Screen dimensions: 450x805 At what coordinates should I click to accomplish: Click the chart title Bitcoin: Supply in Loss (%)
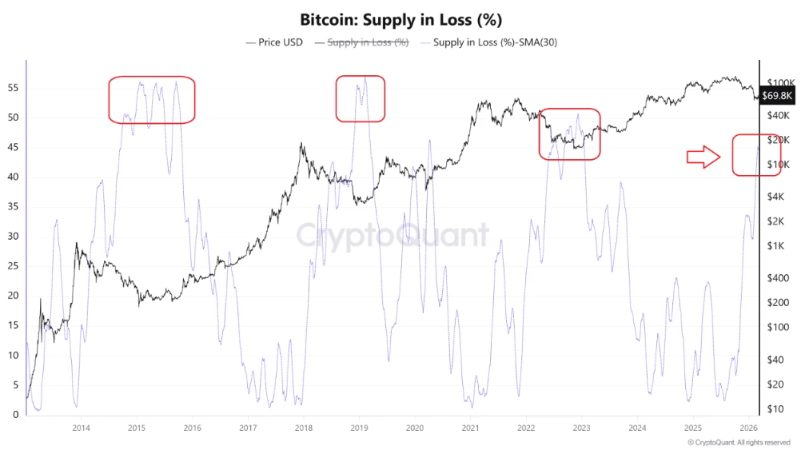[402, 18]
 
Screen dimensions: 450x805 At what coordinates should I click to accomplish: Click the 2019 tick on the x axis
[358, 428]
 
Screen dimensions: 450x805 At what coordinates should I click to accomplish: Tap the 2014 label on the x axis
[81, 428]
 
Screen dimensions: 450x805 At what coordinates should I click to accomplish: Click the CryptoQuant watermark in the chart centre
[392, 237]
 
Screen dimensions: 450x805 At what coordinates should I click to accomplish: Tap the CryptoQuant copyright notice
[739, 442]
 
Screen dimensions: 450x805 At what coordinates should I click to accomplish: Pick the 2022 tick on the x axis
[525, 428]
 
